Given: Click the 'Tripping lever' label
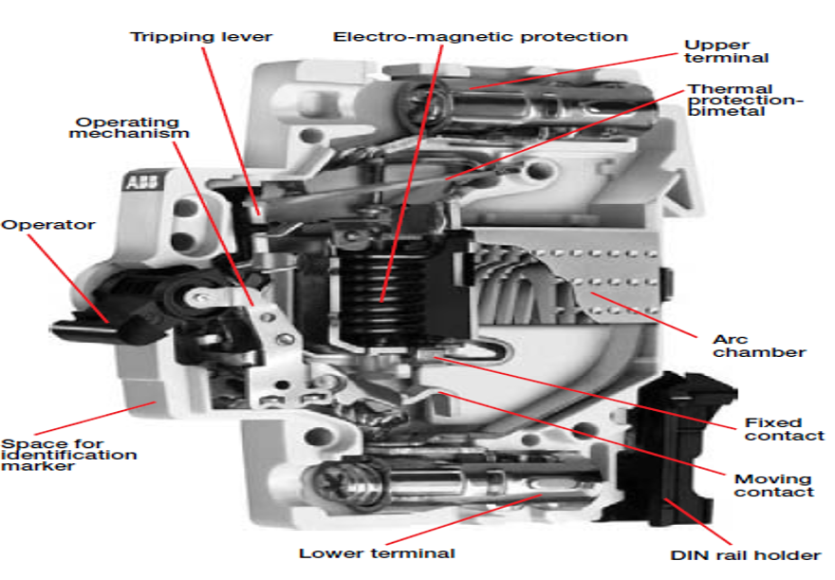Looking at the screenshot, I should point(201,37).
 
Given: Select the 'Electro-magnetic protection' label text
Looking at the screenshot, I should point(480,37).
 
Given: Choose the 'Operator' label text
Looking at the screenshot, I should point(48,225).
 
